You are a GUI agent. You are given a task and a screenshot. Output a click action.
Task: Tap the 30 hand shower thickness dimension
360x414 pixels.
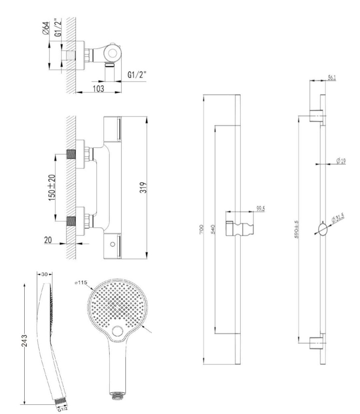pos(43,274)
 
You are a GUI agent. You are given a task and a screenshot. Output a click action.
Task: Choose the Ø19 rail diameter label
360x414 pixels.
pos(341,161)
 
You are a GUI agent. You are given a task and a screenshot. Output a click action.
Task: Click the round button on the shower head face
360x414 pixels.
pos(118,332)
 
